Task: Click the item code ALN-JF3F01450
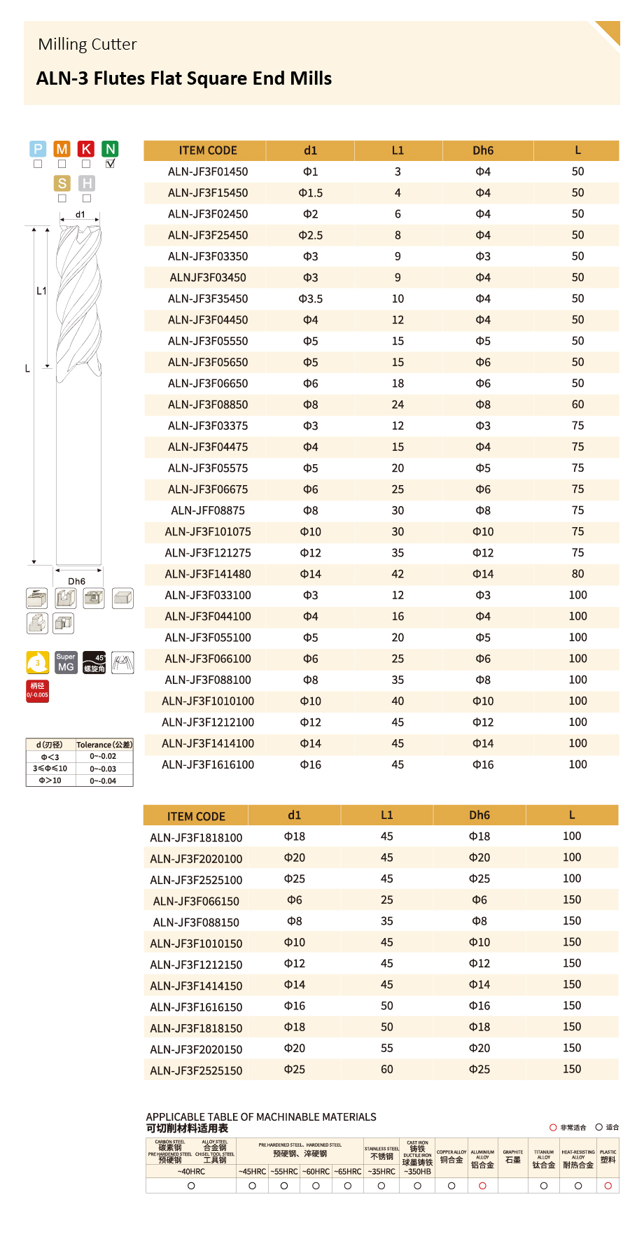(207, 171)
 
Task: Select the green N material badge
(110, 148)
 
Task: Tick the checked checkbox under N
(110, 164)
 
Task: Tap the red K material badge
(86, 148)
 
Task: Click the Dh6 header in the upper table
(482, 150)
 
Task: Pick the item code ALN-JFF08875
(207, 510)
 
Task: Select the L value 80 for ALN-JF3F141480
(577, 574)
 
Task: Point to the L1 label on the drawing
(41, 290)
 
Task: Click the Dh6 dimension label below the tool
(76, 581)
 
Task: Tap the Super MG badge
(66, 662)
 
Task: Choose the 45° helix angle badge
(94, 662)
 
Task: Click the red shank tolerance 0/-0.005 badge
(38, 690)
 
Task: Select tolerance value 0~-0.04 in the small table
(103, 780)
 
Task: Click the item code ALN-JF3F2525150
(196, 1070)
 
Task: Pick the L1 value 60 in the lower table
(386, 1069)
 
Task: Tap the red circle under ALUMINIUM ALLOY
(482, 1186)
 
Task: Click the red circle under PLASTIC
(608, 1186)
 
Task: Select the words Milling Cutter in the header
(87, 44)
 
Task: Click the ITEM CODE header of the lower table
(196, 816)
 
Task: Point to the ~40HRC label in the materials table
(191, 1171)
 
